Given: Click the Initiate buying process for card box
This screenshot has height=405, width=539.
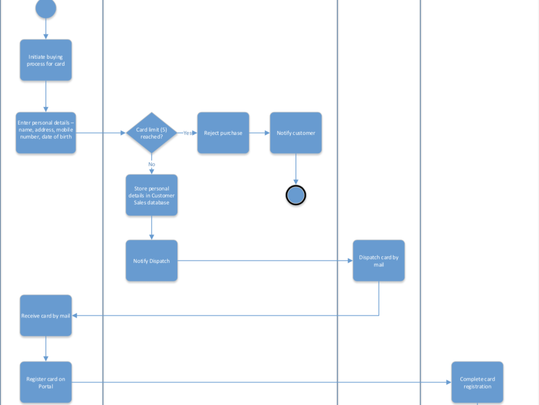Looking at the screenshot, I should [x=46, y=60].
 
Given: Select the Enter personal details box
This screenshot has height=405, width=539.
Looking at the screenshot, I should [x=46, y=133].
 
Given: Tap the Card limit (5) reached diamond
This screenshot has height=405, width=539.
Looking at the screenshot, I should [x=151, y=133].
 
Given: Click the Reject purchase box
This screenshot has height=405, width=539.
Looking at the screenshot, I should [x=223, y=133].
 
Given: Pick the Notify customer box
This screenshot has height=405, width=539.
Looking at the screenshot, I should [x=296, y=133].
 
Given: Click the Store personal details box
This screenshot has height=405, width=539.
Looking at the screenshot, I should [x=151, y=195].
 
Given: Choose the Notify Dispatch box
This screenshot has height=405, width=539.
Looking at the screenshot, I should [x=151, y=261].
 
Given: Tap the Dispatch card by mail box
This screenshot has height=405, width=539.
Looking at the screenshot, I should [x=379, y=261].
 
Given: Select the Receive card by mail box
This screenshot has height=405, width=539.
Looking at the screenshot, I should [x=46, y=315].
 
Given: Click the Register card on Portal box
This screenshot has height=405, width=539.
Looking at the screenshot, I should [x=46, y=382].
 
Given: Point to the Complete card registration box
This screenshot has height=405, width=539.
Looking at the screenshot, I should [x=478, y=382].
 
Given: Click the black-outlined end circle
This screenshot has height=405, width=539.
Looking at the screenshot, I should [x=296, y=195].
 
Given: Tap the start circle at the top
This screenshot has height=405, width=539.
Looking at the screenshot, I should [x=46, y=8].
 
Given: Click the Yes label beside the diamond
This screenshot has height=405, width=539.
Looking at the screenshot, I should [x=188, y=133].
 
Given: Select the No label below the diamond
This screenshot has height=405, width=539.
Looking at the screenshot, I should [x=151, y=164].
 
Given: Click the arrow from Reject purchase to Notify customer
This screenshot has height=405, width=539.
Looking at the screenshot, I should [x=260, y=133].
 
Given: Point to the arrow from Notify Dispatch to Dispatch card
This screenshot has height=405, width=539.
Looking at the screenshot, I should [x=264, y=261].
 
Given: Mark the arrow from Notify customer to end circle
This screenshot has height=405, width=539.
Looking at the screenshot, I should [x=296, y=168].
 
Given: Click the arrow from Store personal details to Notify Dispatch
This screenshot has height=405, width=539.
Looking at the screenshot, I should [x=151, y=228].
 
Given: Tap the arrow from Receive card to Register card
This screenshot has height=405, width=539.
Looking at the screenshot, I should [x=46, y=349].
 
